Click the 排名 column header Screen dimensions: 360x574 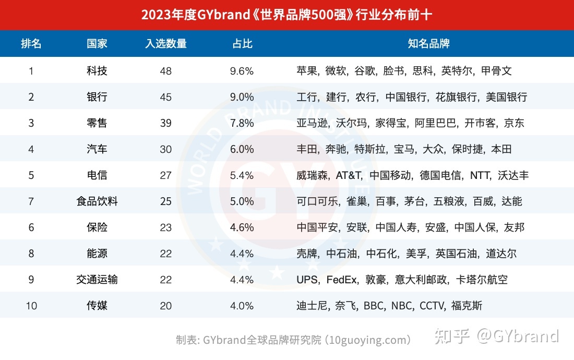[x=31, y=44]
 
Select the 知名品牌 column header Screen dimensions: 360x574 [x=428, y=44]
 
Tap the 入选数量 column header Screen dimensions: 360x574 [x=166, y=44]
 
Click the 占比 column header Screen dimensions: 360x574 [x=242, y=44]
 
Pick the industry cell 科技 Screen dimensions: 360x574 [x=97, y=71]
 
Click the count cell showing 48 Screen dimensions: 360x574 [x=166, y=71]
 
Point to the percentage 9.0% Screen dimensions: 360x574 [x=242, y=97]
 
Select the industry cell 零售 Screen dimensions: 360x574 [x=97, y=123]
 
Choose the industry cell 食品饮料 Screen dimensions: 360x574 [x=97, y=201]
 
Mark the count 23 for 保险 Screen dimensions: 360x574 [x=166, y=227]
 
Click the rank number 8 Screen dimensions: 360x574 [x=31, y=254]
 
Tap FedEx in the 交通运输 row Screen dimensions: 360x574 [x=342, y=280]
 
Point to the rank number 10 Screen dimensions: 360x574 [x=31, y=306]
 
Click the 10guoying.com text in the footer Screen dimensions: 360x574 [x=368, y=340]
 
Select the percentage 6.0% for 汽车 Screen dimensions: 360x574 [x=242, y=149]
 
